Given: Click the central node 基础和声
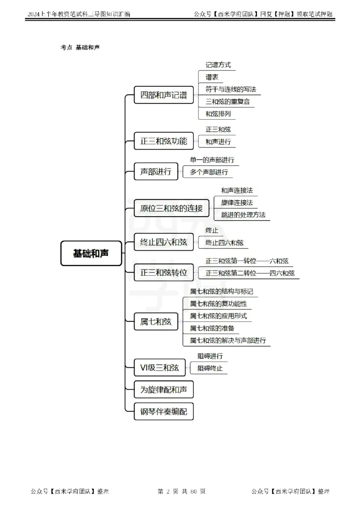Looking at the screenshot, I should click(x=91, y=253).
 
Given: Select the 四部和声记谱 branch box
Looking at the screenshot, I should click(x=164, y=95).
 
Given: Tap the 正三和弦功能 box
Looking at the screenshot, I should click(x=164, y=141).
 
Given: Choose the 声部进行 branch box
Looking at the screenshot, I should click(x=156, y=171).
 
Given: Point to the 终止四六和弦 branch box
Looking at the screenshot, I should click(x=164, y=242).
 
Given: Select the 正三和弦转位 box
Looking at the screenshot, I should click(x=164, y=272).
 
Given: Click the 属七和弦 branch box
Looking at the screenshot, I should click(x=156, y=321).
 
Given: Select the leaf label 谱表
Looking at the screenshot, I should click(x=212, y=77).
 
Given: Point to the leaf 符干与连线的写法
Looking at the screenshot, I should click(x=230, y=89).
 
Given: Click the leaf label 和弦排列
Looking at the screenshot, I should click(x=218, y=114).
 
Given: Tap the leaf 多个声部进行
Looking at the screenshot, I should click(x=209, y=172).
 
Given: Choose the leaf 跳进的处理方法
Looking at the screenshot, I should click(x=243, y=214).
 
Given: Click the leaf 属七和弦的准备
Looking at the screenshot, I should click(x=212, y=328).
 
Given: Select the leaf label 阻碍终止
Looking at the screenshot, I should click(x=210, y=368).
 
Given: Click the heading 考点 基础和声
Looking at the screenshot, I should click(x=80, y=48).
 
